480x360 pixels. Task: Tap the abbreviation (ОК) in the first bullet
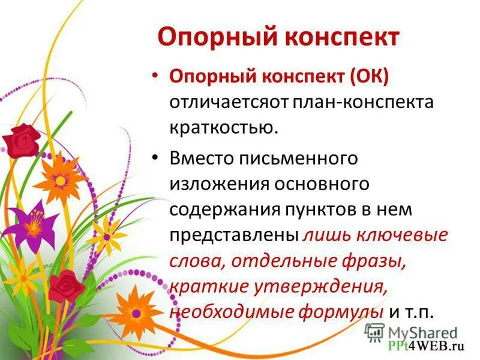click(368, 76)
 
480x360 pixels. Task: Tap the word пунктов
click(324, 209)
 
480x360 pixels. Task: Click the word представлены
click(235, 235)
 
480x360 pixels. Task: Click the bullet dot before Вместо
click(157, 158)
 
